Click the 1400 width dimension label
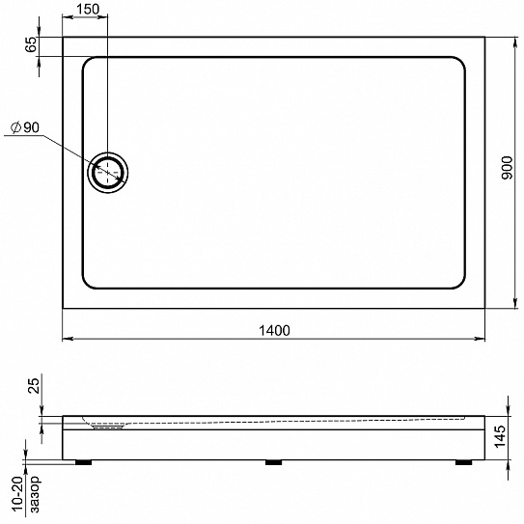coord(274,330)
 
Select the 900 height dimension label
coord(507,168)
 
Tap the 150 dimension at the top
coord(88,9)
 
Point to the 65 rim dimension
coord(31,44)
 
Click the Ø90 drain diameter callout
coord(25,127)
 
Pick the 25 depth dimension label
coord(34,385)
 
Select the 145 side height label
coord(500,436)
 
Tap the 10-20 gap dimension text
coord(18,494)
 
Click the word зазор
coord(35,494)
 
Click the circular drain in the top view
coord(108,173)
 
